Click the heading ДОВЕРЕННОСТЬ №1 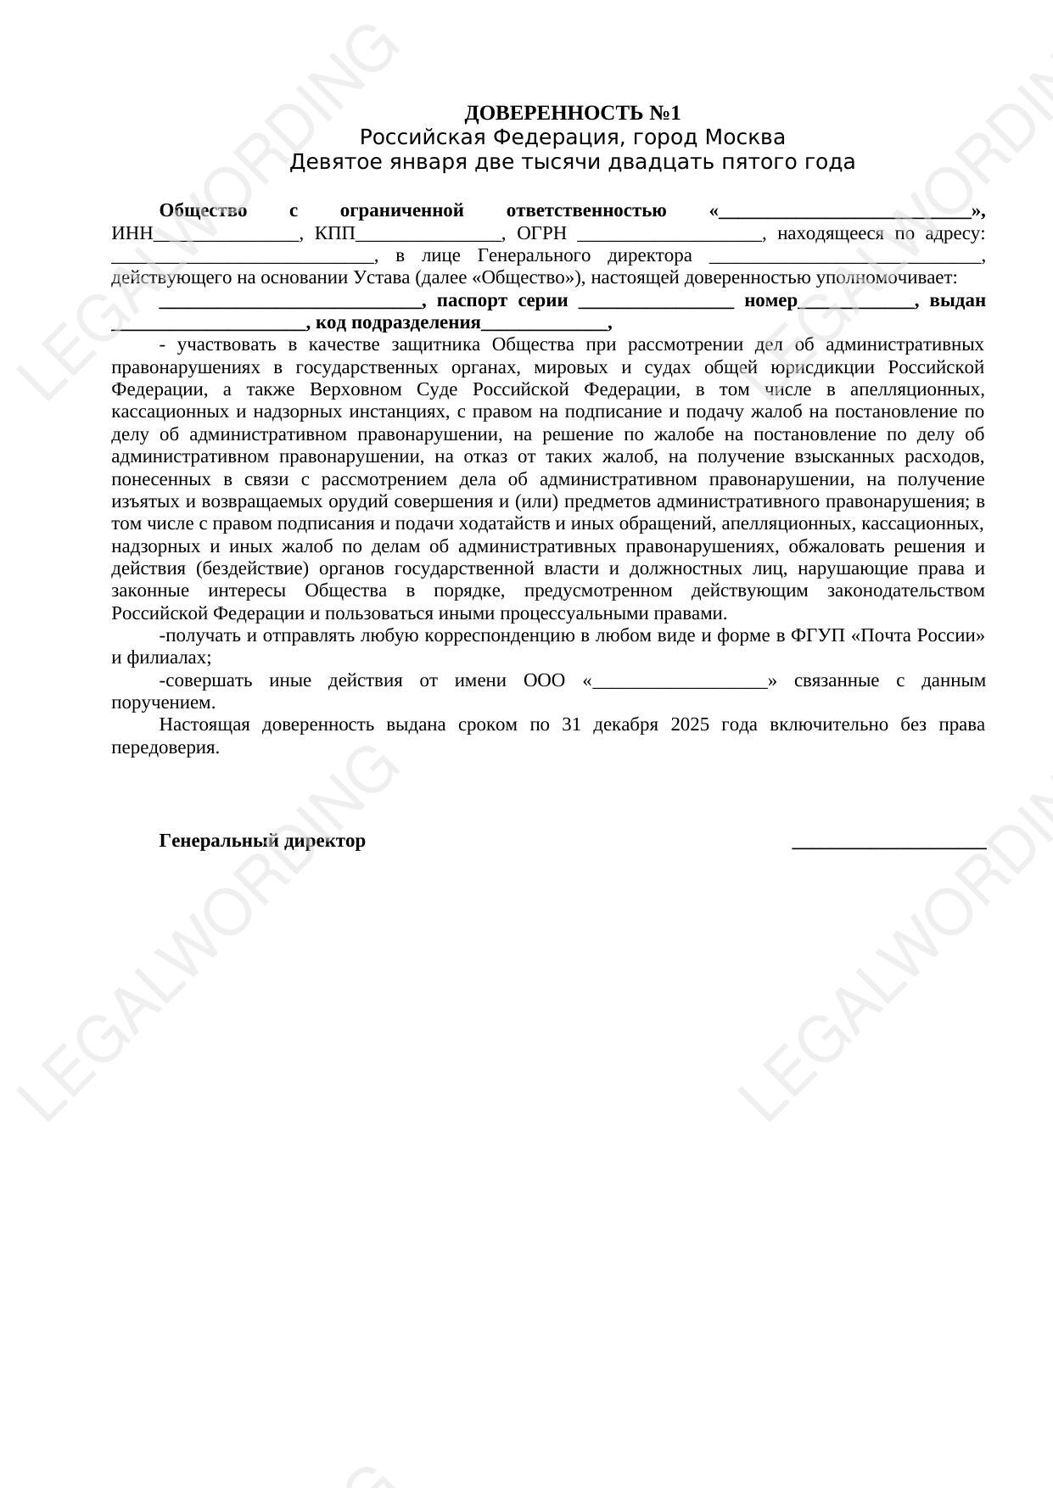pos(572,113)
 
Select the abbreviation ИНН pos(132,233)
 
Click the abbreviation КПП pos(334,233)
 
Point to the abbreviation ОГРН pos(541,233)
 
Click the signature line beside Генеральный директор pos(888,845)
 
